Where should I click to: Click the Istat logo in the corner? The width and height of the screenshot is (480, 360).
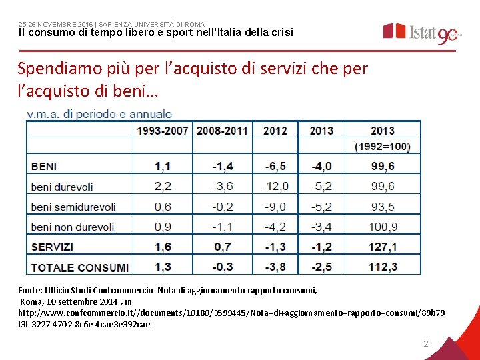[422, 33]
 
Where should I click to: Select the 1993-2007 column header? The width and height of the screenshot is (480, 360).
[162, 131]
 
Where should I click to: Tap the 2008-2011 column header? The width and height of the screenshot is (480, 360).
[222, 131]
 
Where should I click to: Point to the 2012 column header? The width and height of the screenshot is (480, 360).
[275, 131]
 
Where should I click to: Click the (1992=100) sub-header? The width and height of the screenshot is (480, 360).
[383, 147]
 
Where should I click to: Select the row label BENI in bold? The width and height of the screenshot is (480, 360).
[44, 167]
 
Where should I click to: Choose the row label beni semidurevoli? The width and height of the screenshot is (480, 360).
[73, 207]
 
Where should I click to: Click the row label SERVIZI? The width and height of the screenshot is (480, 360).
[52, 247]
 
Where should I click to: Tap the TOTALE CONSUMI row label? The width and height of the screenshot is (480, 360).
[79, 268]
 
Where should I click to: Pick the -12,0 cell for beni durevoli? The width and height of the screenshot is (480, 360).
[275, 186]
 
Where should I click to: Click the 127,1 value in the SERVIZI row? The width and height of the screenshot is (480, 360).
[383, 247]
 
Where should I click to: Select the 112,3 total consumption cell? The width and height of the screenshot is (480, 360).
[383, 267]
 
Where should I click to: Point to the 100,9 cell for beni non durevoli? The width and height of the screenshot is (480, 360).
[383, 227]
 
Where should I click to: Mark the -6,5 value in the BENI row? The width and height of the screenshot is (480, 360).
[275, 166]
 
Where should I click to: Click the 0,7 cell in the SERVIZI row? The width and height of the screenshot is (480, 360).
[223, 247]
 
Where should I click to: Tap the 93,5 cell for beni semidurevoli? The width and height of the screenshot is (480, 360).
[383, 207]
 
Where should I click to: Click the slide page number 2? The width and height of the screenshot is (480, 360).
[426, 344]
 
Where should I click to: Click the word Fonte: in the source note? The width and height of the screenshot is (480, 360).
[30, 290]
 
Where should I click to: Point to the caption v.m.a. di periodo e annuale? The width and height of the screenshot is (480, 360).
[99, 114]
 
